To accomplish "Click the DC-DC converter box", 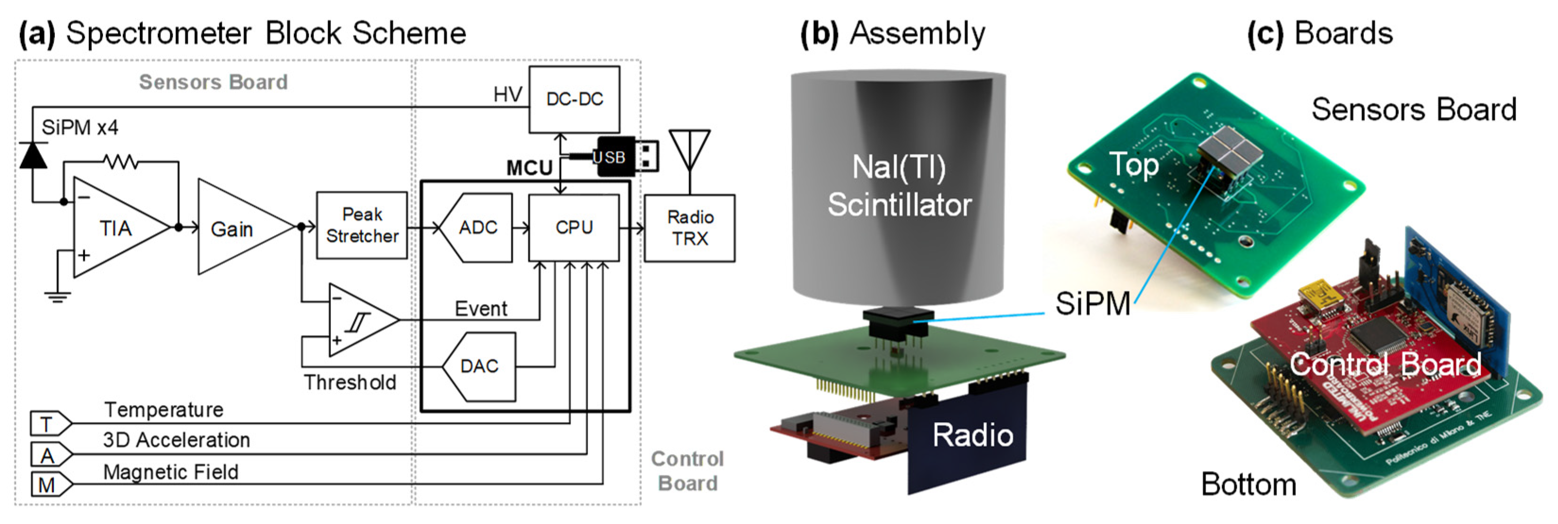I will tap(574, 100).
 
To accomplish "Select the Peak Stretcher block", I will tap(362, 226).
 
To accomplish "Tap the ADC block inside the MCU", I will tap(477, 228).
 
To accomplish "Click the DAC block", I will tap(479, 366).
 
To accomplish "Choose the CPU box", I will tap(574, 228).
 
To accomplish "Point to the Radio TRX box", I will tap(690, 228).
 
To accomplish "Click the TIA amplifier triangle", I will tap(115, 228).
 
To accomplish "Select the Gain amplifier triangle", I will tap(236, 228).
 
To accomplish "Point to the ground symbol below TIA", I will tap(58, 296).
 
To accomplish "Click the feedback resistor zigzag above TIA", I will tap(120, 162).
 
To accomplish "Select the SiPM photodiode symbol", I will tap(33, 155).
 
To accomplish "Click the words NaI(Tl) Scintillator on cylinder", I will tap(899, 186).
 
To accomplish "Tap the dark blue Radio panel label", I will tap(972, 435).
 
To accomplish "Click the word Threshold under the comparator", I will tap(350, 382).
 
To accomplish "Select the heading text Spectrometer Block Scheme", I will tap(266, 33).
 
